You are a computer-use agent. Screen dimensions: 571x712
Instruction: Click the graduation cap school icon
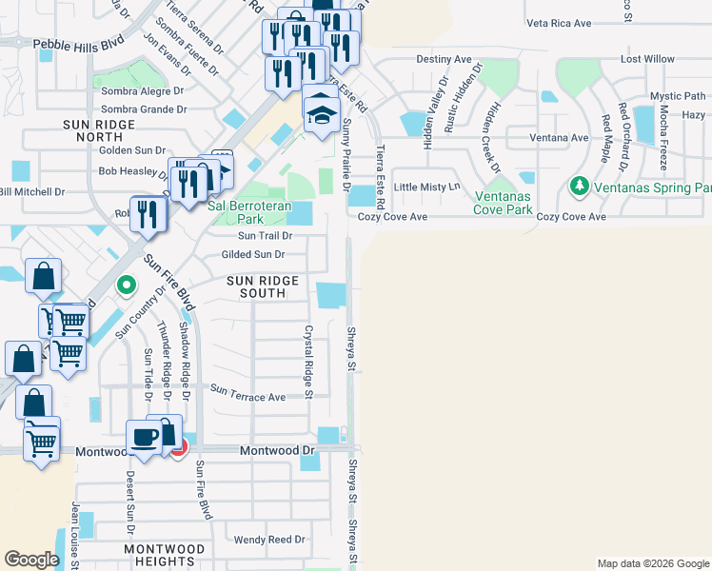click(322, 115)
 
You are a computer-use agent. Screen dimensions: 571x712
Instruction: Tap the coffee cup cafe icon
click(145, 437)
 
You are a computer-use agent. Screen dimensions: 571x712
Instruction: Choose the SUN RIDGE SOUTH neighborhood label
click(262, 287)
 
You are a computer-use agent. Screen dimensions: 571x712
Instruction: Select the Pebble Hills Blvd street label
click(78, 44)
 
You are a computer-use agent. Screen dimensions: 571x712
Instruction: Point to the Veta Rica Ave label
click(558, 23)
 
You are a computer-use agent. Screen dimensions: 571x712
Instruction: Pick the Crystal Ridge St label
click(308, 356)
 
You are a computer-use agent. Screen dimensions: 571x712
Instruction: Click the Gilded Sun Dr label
click(252, 255)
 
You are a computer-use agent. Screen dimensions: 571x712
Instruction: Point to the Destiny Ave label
click(444, 59)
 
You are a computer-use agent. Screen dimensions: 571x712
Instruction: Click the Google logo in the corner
click(31, 560)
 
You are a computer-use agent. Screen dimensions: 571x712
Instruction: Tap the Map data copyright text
click(653, 563)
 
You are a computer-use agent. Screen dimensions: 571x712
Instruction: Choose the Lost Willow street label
click(646, 59)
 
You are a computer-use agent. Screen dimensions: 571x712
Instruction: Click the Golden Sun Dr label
click(133, 150)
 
